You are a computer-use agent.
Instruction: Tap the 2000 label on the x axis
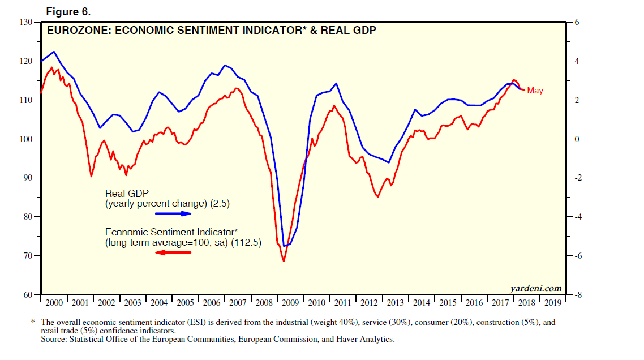pos(54,303)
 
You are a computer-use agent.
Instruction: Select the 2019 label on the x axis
pos(552,303)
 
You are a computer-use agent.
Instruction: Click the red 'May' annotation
pos(535,91)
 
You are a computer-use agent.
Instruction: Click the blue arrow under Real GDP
pos(174,214)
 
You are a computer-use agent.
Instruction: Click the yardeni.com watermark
pos(536,288)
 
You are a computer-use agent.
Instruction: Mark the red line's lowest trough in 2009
pos(284,261)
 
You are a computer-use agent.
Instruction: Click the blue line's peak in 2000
pos(54,52)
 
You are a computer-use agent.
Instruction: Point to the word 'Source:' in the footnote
pos(55,339)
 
